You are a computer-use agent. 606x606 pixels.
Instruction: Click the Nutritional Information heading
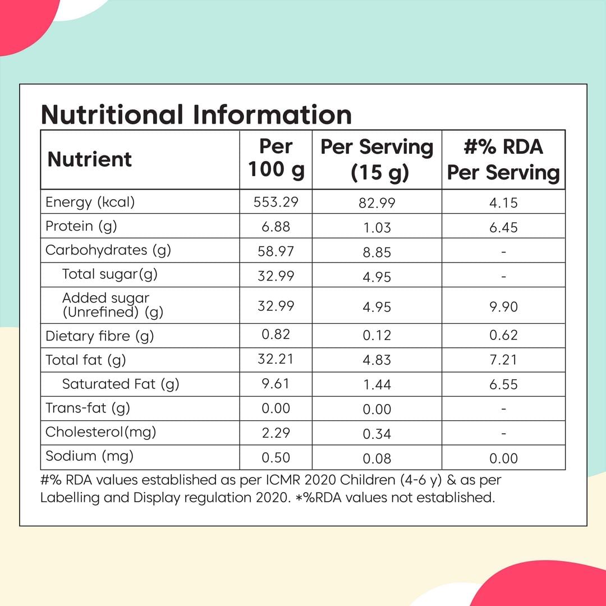196,114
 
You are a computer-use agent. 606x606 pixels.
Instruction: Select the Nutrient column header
90,159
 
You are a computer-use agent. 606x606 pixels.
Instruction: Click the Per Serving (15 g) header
377,160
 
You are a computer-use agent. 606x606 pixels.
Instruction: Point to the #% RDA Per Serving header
503,160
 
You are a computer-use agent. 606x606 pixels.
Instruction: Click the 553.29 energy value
276,202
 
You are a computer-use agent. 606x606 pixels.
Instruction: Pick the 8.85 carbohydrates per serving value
377,252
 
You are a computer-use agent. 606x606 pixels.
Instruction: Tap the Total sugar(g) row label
110,274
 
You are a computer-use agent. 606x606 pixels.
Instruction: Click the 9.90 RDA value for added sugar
503,307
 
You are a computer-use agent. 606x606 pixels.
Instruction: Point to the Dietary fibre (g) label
100,336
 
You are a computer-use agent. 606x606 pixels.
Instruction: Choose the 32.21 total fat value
276,359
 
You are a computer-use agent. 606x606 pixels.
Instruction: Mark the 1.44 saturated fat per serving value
377,385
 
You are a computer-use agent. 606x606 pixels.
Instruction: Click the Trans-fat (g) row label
88,408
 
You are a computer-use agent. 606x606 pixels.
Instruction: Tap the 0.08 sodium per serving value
377,458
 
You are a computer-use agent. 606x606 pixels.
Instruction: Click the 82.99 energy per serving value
377,203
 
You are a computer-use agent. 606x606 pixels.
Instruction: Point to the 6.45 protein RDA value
503,227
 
